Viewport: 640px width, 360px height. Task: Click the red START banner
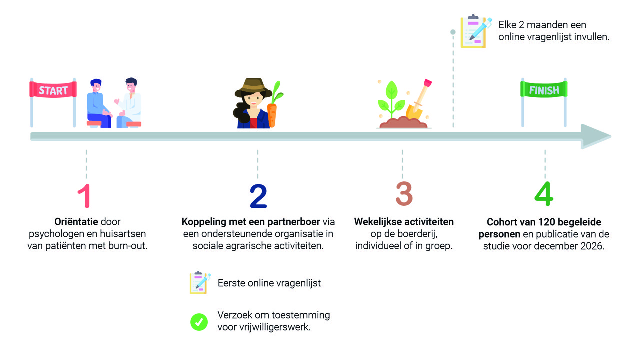point(53,90)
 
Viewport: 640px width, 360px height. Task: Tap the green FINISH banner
point(544,90)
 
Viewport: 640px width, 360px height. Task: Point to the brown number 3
point(404,194)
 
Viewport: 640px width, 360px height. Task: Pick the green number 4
point(544,194)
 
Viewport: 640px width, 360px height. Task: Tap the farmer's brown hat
point(253,88)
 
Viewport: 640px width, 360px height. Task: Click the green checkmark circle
point(199,322)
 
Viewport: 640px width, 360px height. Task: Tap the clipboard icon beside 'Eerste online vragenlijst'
point(200,283)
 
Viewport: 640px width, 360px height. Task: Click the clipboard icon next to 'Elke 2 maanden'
point(473,31)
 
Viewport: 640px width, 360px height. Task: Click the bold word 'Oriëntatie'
point(75,221)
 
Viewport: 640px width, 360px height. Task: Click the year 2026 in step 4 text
point(594,246)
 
